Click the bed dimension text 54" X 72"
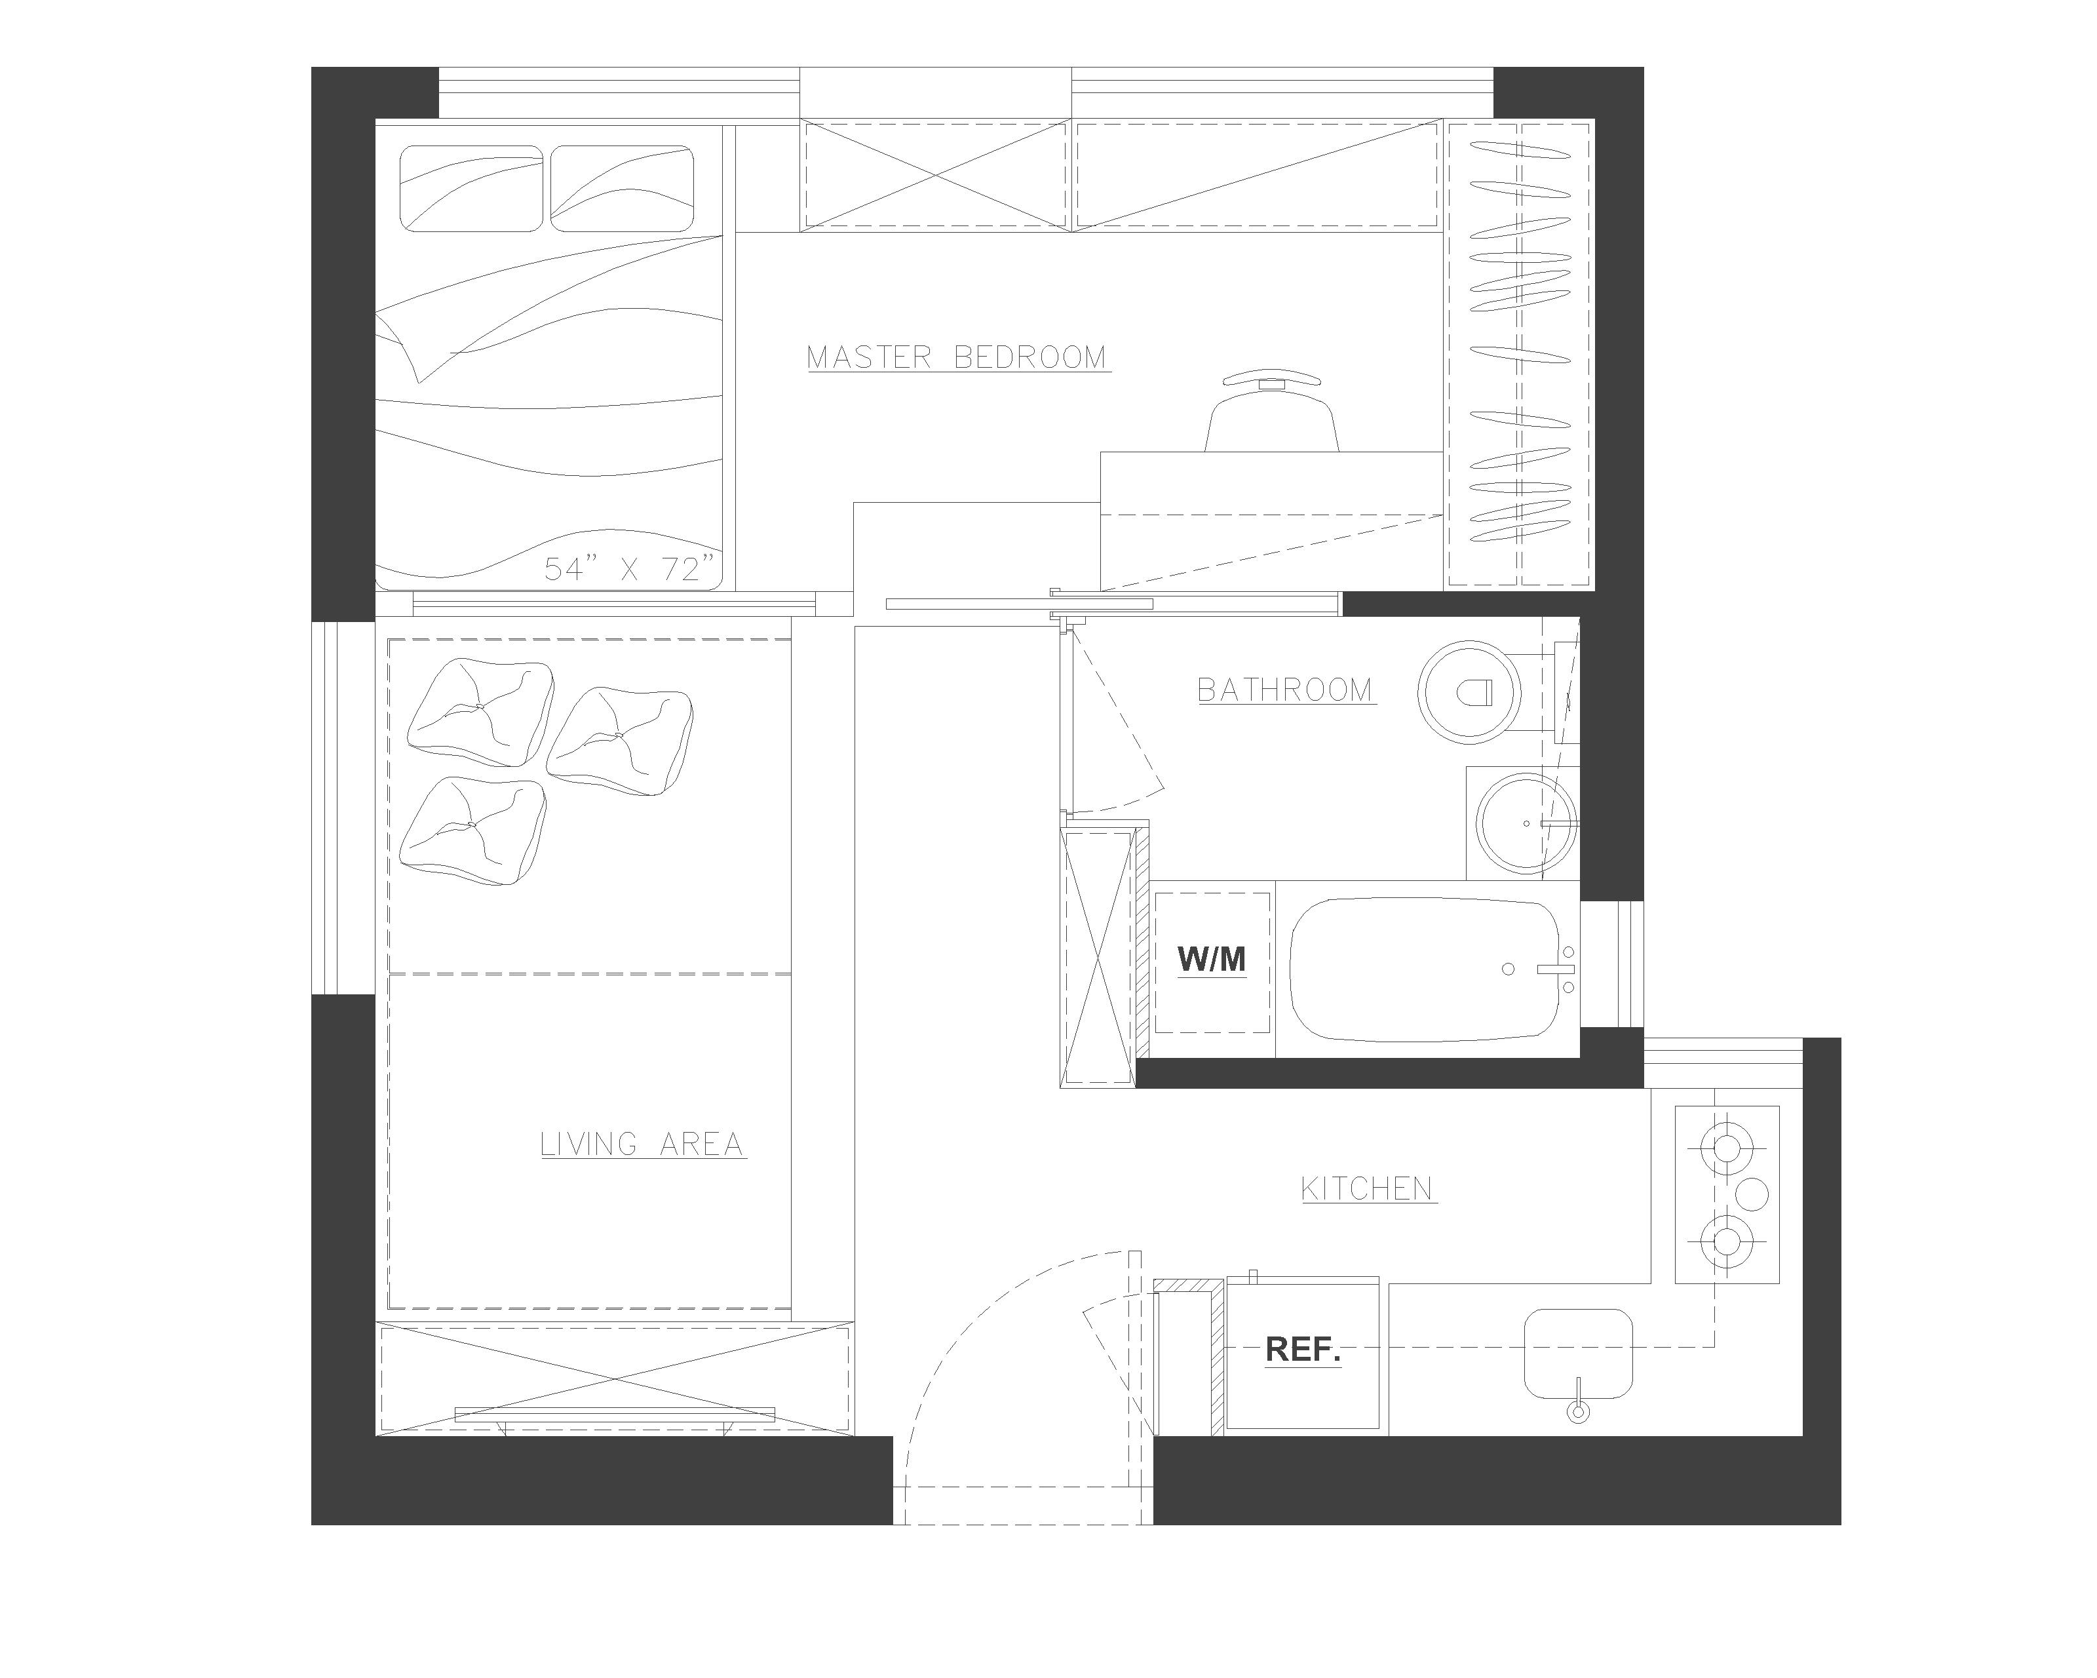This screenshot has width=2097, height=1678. click(629, 569)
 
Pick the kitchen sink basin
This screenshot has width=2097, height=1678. click(1577, 1352)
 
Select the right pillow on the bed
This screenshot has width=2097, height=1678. click(623, 189)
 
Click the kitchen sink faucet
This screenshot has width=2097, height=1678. click(1577, 1401)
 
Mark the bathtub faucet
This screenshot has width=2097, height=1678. click(1555, 969)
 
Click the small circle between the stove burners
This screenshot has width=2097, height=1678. click(1752, 1194)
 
